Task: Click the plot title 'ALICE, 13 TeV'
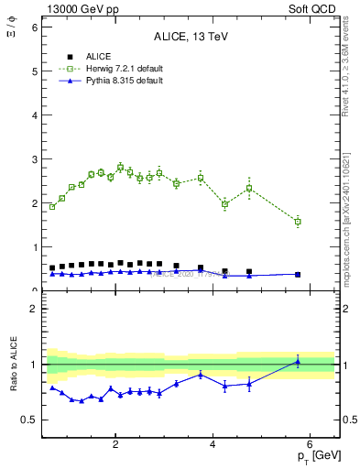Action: [190, 37]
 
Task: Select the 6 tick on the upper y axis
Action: [34, 27]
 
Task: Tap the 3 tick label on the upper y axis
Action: [34, 159]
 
